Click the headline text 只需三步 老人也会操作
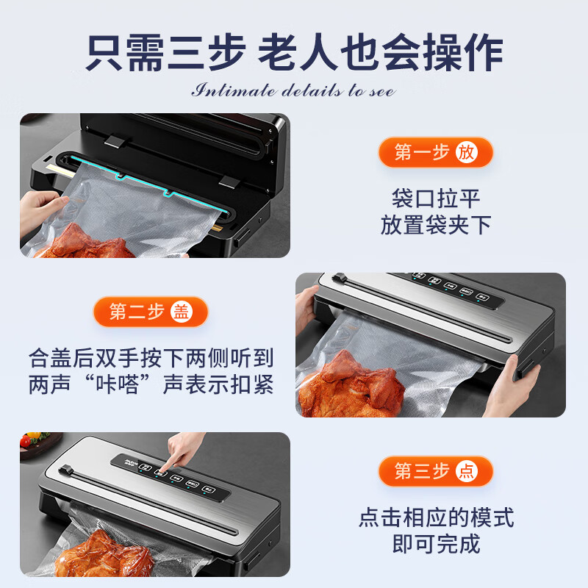tap(294, 53)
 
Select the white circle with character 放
tap(466, 152)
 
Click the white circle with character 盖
tap(181, 312)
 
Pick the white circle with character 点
tap(466, 471)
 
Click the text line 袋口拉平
tap(435, 199)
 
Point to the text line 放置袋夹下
tap(435, 225)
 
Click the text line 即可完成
tap(435, 544)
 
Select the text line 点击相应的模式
tap(435, 517)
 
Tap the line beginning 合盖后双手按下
tap(151, 359)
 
